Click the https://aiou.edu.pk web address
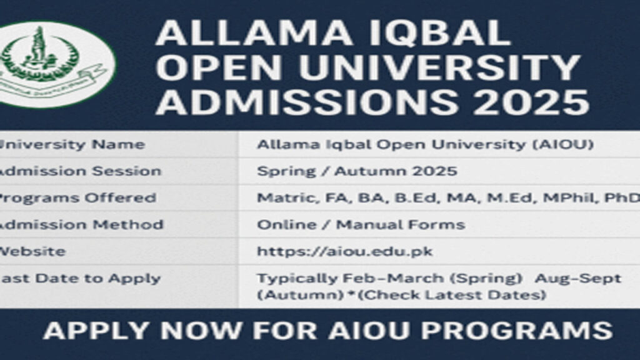[x=344, y=251]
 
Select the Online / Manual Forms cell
[x=361, y=224]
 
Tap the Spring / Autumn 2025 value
[x=357, y=171]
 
